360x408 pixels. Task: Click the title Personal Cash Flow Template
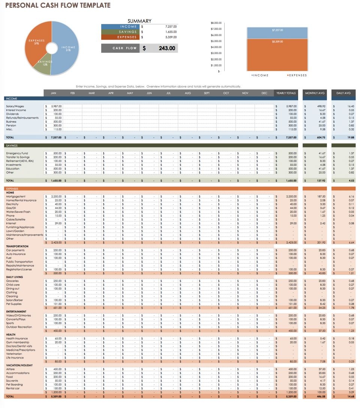pos(58,5)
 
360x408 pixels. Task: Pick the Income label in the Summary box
pos(129,27)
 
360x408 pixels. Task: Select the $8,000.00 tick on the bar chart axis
pos(216,23)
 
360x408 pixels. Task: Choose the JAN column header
pos(53,93)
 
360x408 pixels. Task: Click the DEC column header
pos(265,93)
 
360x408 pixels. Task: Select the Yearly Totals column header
pos(286,93)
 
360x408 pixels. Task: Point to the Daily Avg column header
pos(343,93)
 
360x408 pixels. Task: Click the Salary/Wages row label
pos(15,106)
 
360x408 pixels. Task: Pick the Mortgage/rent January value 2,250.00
pos(55,196)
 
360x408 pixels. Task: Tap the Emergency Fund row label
pos(17,153)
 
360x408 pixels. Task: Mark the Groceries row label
pos(12,281)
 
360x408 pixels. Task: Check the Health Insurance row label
pos(16,339)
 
